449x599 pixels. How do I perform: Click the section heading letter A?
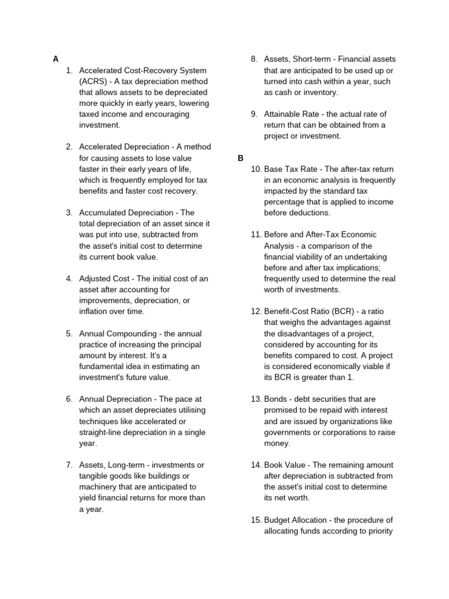point(56,59)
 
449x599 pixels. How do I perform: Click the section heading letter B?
point(240,158)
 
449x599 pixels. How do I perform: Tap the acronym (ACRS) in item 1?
point(94,81)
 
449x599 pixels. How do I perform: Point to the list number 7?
point(69,465)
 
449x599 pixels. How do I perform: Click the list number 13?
point(255,399)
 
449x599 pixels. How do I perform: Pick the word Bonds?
point(276,399)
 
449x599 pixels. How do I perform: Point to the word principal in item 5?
point(187,344)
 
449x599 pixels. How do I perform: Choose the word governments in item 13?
point(289,432)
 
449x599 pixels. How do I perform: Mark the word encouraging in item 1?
point(167,114)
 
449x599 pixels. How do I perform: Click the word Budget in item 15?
point(277,520)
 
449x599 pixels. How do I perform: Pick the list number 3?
point(69,213)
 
